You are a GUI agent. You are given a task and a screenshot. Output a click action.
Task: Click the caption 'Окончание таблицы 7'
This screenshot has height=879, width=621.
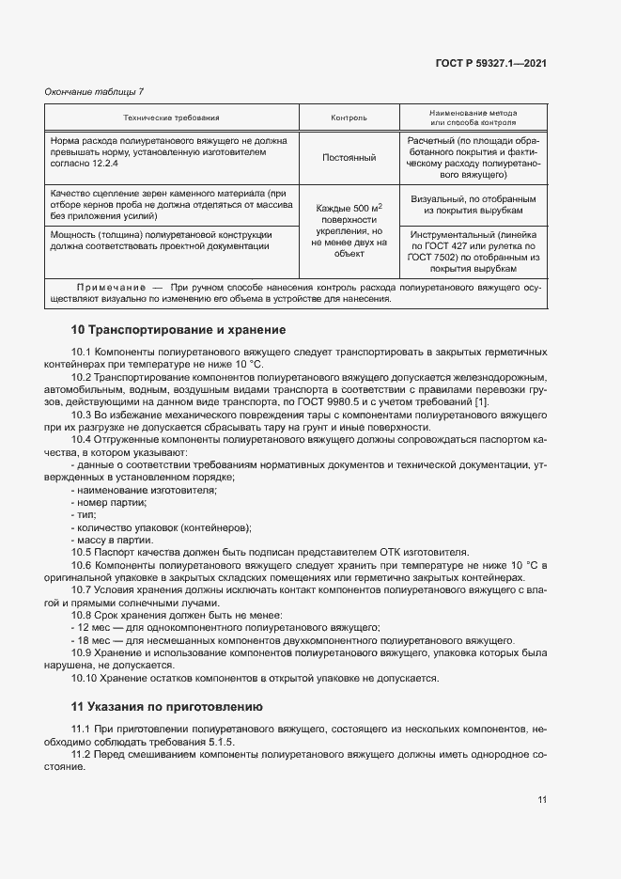[95, 91]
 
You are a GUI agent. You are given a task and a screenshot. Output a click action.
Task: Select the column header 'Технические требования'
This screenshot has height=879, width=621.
[172, 118]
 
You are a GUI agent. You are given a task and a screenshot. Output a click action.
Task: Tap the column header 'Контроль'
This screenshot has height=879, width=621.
[349, 118]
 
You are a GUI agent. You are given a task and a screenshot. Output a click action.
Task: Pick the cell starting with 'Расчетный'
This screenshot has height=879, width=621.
[473, 157]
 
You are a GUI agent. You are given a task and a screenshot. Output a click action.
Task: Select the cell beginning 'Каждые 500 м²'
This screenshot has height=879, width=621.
[349, 229]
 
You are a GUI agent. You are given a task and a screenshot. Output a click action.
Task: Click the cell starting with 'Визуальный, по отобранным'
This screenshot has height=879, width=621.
[473, 205]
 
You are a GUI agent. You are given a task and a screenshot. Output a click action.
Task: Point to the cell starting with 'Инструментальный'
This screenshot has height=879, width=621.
[473, 249]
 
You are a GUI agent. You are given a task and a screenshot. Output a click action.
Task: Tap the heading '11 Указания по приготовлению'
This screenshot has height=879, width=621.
[167, 706]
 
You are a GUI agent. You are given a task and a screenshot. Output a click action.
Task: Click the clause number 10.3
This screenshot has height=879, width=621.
[82, 415]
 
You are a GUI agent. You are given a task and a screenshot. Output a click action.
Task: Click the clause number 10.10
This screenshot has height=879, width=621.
[85, 677]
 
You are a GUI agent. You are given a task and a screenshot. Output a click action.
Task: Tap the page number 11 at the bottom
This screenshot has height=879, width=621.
[542, 800]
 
